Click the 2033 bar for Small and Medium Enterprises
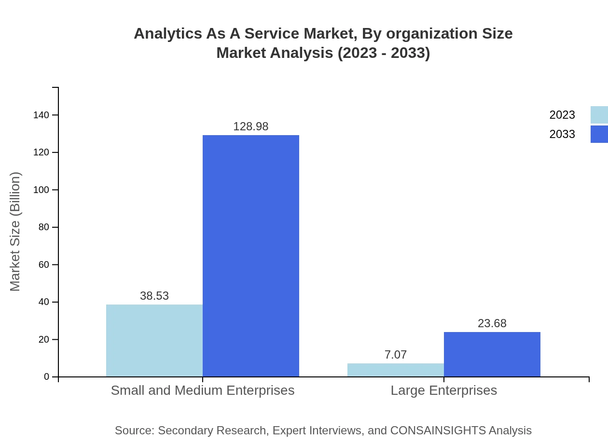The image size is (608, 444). (251, 256)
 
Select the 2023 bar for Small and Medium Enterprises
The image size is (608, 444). (154, 340)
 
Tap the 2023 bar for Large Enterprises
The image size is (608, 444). (396, 370)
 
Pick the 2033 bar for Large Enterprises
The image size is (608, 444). (492, 354)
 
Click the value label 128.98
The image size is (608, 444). (251, 126)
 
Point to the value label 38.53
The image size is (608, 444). (154, 296)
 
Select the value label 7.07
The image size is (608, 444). (396, 355)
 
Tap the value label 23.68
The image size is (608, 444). (492, 323)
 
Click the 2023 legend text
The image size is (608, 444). (562, 115)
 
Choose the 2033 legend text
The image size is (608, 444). (562, 134)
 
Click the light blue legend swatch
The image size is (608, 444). (599, 115)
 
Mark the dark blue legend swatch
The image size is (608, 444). (599, 134)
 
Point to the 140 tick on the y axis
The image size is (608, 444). (41, 115)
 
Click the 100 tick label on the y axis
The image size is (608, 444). (41, 190)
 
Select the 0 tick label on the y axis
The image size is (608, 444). (47, 376)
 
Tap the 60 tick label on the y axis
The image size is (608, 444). (44, 264)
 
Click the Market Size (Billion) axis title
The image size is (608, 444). (15, 232)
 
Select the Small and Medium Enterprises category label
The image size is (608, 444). (203, 390)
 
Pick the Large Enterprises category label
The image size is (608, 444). (444, 390)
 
